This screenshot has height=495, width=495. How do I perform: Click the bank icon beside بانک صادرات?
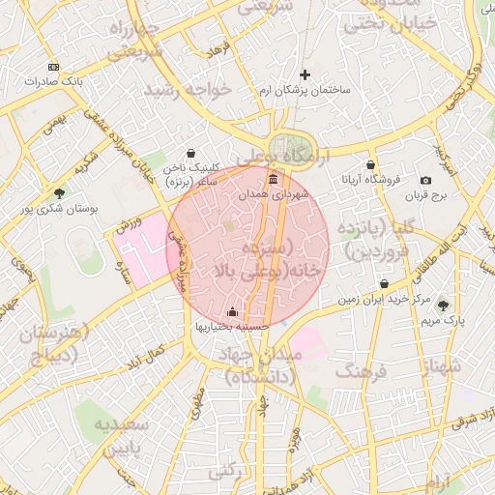(53, 67)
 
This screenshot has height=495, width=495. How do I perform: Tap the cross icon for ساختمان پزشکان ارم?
(306, 74)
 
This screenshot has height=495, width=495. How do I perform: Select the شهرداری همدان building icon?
(274, 180)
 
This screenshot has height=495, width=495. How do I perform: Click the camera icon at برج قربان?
(426, 181)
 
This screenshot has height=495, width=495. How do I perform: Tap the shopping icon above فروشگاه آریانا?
(370, 164)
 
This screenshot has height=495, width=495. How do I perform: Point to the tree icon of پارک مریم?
(444, 305)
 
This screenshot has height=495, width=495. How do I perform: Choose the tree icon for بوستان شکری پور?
(60, 193)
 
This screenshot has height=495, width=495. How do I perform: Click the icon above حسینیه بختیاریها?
(232, 311)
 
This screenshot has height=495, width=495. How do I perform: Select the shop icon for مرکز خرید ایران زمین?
(385, 284)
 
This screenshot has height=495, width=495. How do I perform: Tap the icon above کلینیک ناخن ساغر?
(190, 153)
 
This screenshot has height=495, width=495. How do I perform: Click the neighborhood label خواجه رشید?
(189, 89)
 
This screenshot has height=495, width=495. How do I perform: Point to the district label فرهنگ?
(359, 370)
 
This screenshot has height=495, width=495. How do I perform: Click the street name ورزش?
(129, 225)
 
